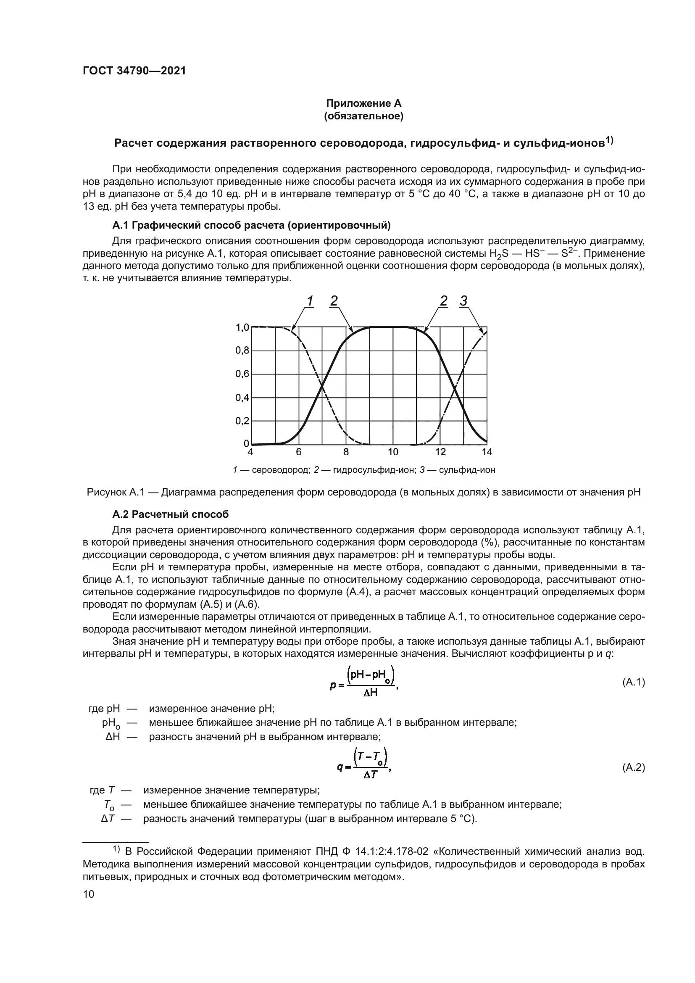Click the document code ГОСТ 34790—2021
point(134,71)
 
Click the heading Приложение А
point(363,103)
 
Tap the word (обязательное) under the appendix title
point(363,116)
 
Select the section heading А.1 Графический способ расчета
point(251,225)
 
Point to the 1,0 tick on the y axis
point(242,327)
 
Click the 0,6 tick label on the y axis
point(242,374)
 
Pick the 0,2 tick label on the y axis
point(242,421)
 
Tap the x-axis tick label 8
point(346,452)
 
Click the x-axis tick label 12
point(440,452)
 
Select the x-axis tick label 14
point(487,452)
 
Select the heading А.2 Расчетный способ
point(170,514)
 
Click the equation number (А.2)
point(633,768)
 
